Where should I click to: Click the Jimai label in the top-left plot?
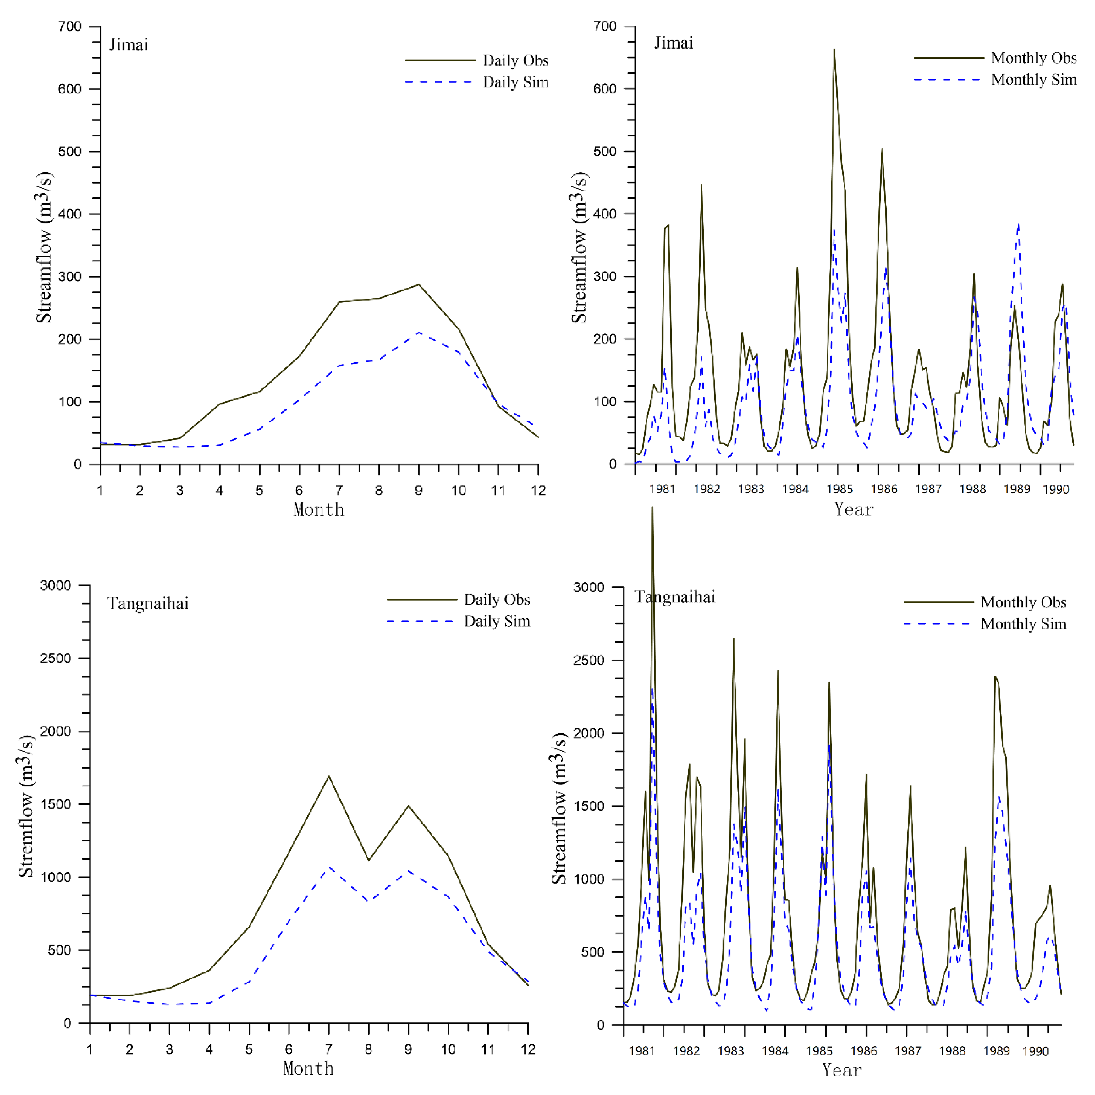[x=129, y=45]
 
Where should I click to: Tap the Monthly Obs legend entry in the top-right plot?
[x=1033, y=58]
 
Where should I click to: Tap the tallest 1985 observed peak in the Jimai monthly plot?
[x=834, y=50]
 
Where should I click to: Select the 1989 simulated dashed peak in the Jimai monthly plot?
[x=1019, y=225]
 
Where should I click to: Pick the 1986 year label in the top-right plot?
[x=884, y=489]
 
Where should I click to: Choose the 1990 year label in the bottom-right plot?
[x=1035, y=1051]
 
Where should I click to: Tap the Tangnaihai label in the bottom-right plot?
[x=674, y=597]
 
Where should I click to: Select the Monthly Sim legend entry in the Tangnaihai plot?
[x=1023, y=624]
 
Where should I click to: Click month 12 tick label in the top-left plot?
[x=538, y=490]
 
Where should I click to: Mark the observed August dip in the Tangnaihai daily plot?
[x=369, y=860]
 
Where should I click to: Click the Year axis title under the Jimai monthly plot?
[x=853, y=509]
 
